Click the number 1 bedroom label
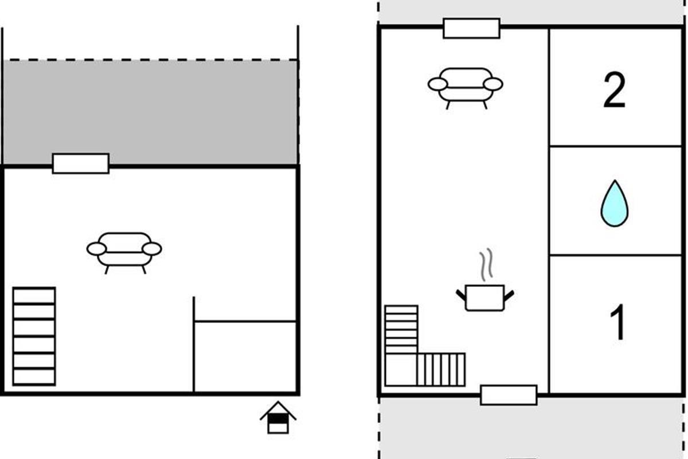618,322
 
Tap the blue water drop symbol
614,203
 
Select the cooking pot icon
484,297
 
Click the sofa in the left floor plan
124,250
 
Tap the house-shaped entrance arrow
277,417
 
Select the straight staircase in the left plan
34,336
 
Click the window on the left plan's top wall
81,164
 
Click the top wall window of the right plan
471,28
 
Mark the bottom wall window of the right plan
509,395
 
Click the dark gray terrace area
150,112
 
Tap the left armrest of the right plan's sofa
437,84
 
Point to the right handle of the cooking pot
509,295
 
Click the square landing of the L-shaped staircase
400,369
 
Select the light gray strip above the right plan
532,11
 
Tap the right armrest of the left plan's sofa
152,249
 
